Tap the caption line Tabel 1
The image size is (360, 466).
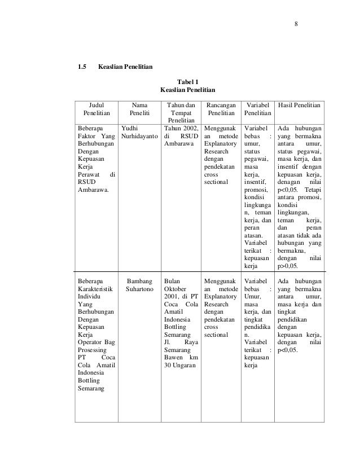click(x=188, y=81)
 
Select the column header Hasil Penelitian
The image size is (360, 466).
click(x=300, y=104)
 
